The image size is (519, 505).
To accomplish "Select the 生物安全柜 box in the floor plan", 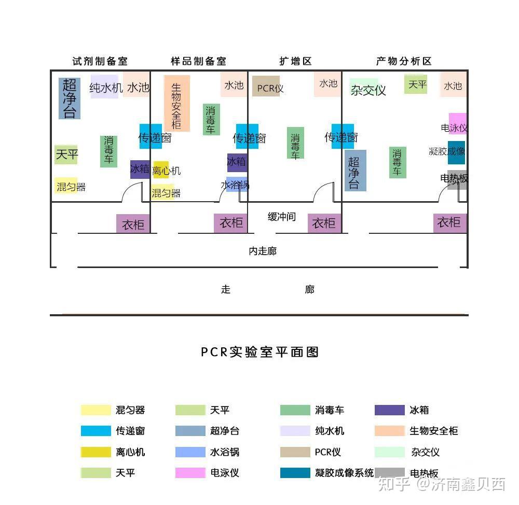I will (x=177, y=103).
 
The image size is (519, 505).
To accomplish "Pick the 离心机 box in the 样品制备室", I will (x=161, y=170).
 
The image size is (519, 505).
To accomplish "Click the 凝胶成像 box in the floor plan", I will (x=456, y=152).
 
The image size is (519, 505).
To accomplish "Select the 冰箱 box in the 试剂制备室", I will (x=140, y=169).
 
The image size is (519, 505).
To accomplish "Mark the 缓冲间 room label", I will (x=282, y=217).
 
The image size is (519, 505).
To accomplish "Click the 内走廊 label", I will (x=263, y=251).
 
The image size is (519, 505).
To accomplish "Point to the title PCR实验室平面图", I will (x=259, y=352).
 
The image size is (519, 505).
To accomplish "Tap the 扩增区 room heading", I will (x=295, y=61).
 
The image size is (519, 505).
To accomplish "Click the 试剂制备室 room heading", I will (x=100, y=61).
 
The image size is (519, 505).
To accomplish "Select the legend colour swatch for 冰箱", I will (x=389, y=410).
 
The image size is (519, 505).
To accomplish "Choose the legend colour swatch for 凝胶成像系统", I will (x=295, y=473).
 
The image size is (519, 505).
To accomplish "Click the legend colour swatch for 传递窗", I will (x=96, y=431).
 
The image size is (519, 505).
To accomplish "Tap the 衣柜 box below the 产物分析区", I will (x=449, y=223).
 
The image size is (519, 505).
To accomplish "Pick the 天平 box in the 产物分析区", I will (x=416, y=84).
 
